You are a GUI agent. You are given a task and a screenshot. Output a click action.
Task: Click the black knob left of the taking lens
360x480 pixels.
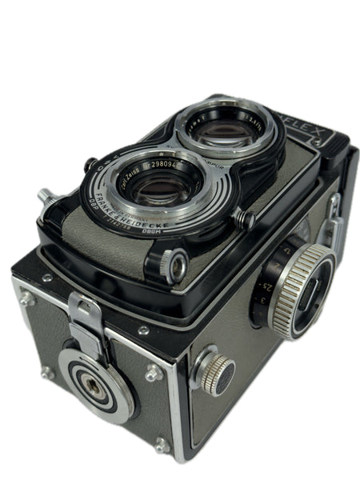click(x=91, y=165)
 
